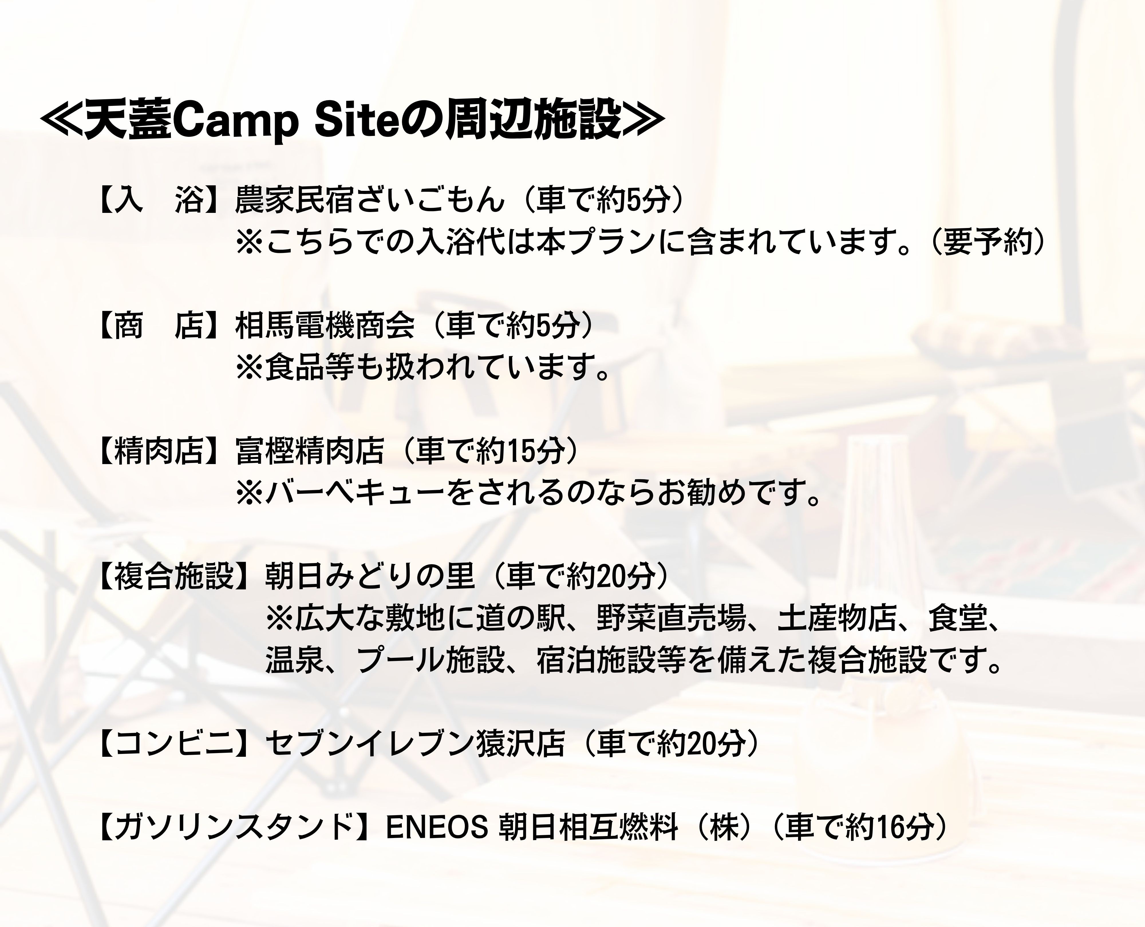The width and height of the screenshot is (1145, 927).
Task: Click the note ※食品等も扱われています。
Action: (x=423, y=368)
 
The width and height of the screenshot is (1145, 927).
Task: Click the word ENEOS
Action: (x=437, y=828)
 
